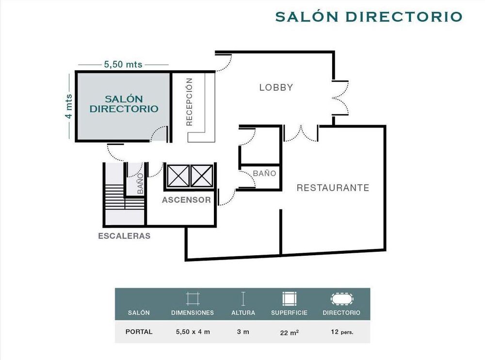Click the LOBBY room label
(x=276, y=88)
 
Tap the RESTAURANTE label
(x=333, y=188)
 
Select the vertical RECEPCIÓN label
(x=189, y=102)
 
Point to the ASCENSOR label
(x=186, y=200)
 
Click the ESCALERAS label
(x=124, y=236)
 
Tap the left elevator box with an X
(x=178, y=176)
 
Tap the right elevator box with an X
(x=202, y=176)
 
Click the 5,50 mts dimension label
(x=123, y=65)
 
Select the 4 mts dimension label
(x=68, y=106)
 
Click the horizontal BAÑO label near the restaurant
(x=264, y=173)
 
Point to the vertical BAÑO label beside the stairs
(x=140, y=183)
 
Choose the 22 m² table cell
(x=289, y=332)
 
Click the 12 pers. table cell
(x=342, y=332)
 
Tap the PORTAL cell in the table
(x=139, y=332)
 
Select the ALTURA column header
(x=243, y=312)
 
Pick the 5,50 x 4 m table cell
(x=193, y=332)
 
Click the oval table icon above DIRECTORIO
(x=342, y=299)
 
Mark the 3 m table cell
(x=243, y=332)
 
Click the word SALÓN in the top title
(x=307, y=16)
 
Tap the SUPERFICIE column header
(x=289, y=312)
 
